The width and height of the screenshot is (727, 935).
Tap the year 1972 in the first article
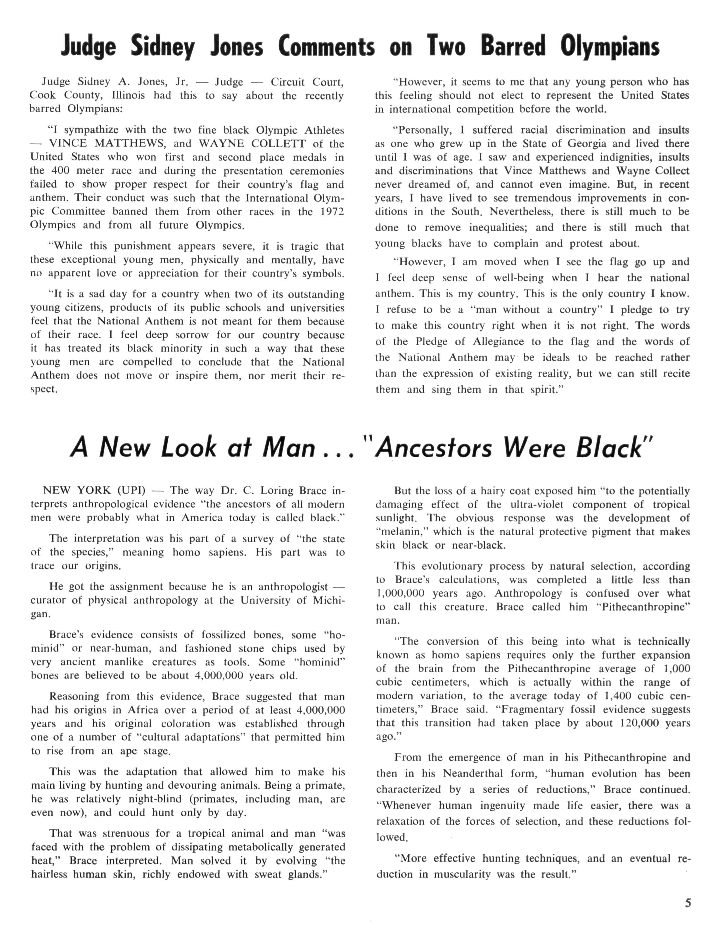[332, 212]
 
